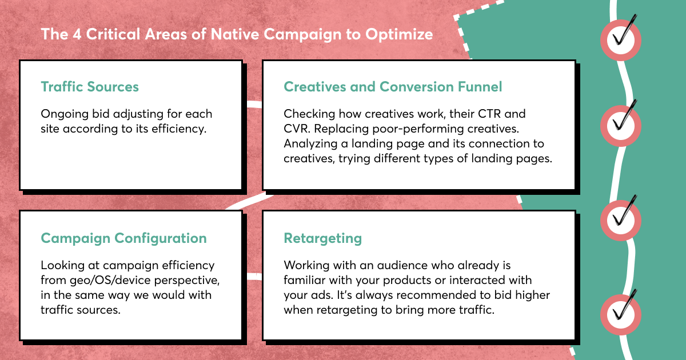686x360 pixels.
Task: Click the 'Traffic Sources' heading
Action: pos(90,87)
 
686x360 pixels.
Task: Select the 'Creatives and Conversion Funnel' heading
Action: pos(393,87)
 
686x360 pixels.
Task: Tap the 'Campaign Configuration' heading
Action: pos(123,238)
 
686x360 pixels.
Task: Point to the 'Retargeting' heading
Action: pos(323,238)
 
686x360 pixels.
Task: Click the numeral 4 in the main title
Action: pos(77,34)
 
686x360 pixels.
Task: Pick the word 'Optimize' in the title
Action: pos(399,34)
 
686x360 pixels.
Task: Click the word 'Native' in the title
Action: pos(235,34)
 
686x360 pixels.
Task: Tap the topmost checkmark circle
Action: pos(621,40)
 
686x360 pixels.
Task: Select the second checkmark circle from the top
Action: pos(621,126)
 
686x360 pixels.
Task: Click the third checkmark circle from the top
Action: pos(621,221)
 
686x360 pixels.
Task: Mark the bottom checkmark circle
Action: pos(621,315)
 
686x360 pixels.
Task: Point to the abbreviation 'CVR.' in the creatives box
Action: pos(297,129)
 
